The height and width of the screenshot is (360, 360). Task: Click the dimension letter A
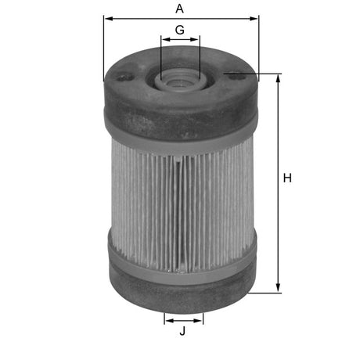click(180, 9)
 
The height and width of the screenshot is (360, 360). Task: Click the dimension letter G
click(180, 30)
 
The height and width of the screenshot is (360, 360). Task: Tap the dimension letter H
click(287, 178)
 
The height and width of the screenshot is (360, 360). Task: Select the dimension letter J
click(183, 332)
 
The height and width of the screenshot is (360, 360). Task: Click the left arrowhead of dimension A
click(106, 18)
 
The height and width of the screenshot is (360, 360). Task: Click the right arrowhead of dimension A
click(254, 18)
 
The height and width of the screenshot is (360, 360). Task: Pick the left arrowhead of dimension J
click(167, 319)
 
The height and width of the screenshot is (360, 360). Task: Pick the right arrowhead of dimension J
click(200, 319)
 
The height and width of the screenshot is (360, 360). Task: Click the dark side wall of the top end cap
click(180, 117)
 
